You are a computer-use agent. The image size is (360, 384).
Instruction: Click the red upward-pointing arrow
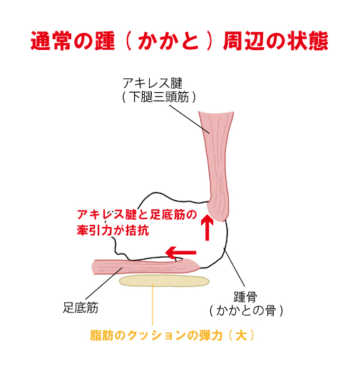coord(207,227)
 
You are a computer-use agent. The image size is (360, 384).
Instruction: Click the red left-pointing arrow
coord(181,253)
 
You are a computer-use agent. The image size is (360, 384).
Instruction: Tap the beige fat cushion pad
coord(164,281)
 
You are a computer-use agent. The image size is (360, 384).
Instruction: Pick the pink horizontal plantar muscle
coord(145,266)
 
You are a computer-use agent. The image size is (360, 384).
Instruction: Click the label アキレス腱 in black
coord(153,84)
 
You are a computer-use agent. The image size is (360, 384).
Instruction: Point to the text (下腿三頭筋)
coord(159,97)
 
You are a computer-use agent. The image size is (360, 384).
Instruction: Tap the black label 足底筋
coord(81,308)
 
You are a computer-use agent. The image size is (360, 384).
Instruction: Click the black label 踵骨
coord(245,297)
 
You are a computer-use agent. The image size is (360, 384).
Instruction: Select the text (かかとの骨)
coord(246,310)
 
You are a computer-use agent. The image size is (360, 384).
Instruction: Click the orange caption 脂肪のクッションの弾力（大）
coord(173,335)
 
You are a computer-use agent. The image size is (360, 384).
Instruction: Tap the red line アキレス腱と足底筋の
coord(137,215)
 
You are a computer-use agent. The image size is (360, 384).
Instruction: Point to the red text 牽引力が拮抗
coord(113,231)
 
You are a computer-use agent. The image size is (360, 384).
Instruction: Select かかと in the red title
coord(168,41)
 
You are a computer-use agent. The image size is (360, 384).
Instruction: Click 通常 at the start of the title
coord(51,41)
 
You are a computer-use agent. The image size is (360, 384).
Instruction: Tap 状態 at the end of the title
coord(308,41)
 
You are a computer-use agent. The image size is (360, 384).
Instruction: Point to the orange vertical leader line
coord(153,304)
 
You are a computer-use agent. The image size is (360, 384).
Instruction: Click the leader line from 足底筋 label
coord(103,283)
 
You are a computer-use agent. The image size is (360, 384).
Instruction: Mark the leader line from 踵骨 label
coord(234,267)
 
